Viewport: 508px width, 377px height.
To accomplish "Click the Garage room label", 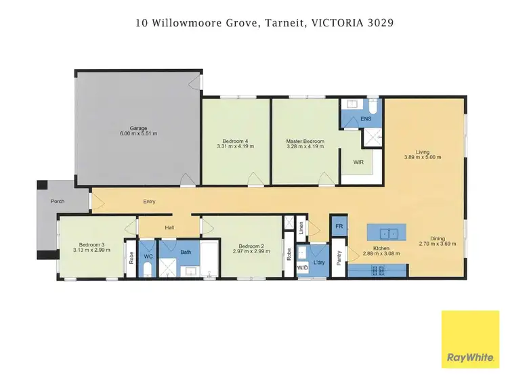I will (x=138, y=127).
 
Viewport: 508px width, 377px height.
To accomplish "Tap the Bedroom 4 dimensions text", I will (x=235, y=147).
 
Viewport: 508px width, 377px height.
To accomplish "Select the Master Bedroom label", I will (x=305, y=141).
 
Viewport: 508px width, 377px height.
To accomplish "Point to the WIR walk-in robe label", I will (x=358, y=162).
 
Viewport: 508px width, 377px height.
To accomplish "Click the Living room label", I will (x=423, y=151).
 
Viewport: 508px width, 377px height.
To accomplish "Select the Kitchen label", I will (x=382, y=248).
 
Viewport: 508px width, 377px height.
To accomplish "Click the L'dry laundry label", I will (x=320, y=261).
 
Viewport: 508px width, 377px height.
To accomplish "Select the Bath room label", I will (x=185, y=252).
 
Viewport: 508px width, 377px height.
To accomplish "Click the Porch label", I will (x=58, y=202).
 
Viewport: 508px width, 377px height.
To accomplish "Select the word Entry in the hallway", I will (x=150, y=201).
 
